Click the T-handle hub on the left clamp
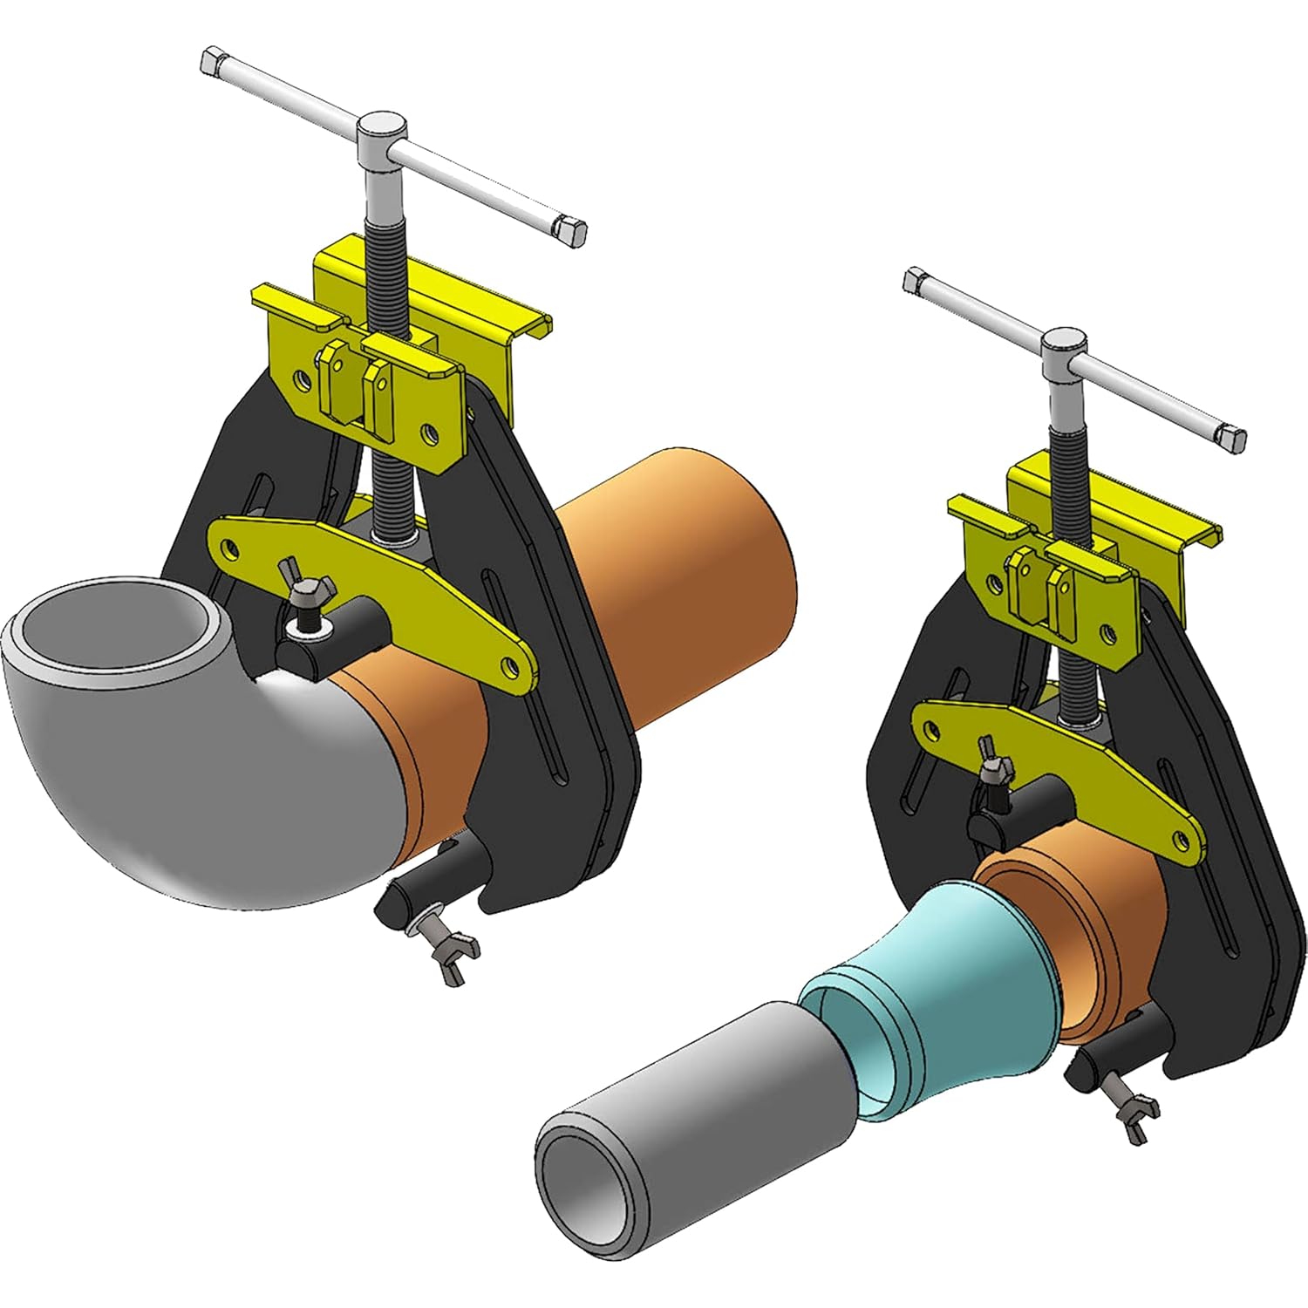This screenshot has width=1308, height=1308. [383, 131]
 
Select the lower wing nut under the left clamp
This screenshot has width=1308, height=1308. [449, 946]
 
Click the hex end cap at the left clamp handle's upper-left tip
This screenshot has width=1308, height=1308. [212, 62]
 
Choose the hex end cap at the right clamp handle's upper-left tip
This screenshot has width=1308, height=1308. [916, 280]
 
